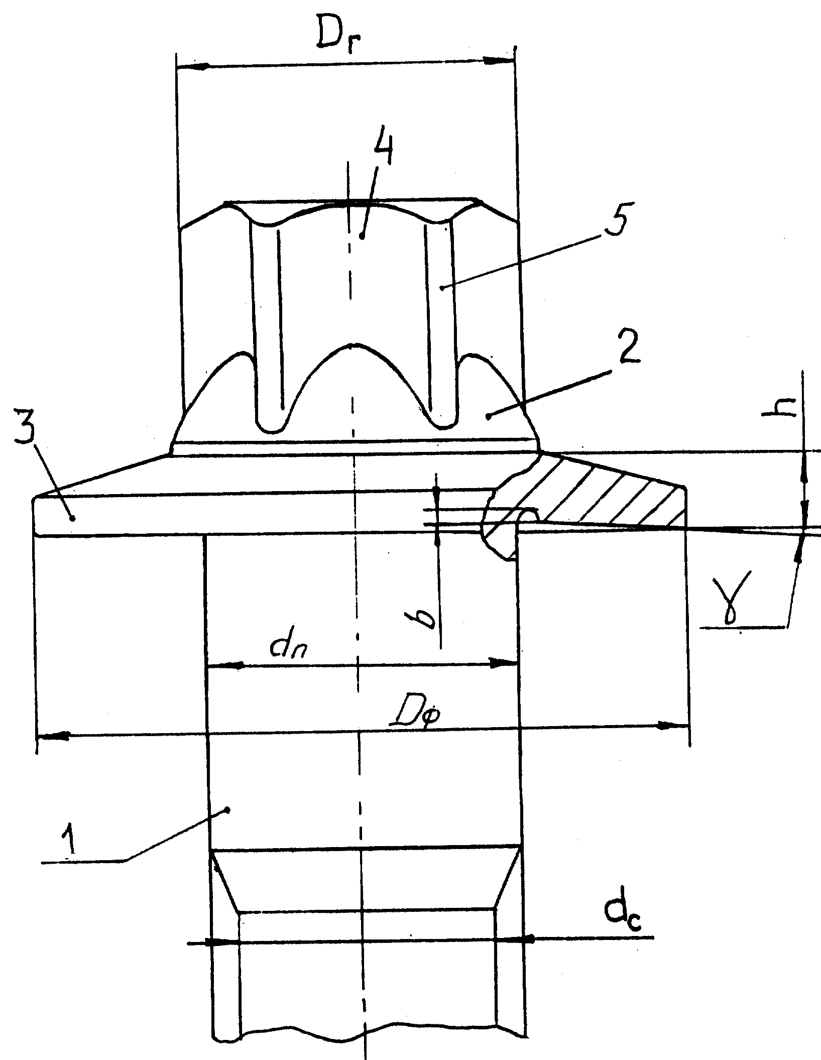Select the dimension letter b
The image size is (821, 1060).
[x=428, y=618]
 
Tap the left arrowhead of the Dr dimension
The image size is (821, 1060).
[x=193, y=66]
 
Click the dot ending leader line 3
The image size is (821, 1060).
[x=73, y=517]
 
